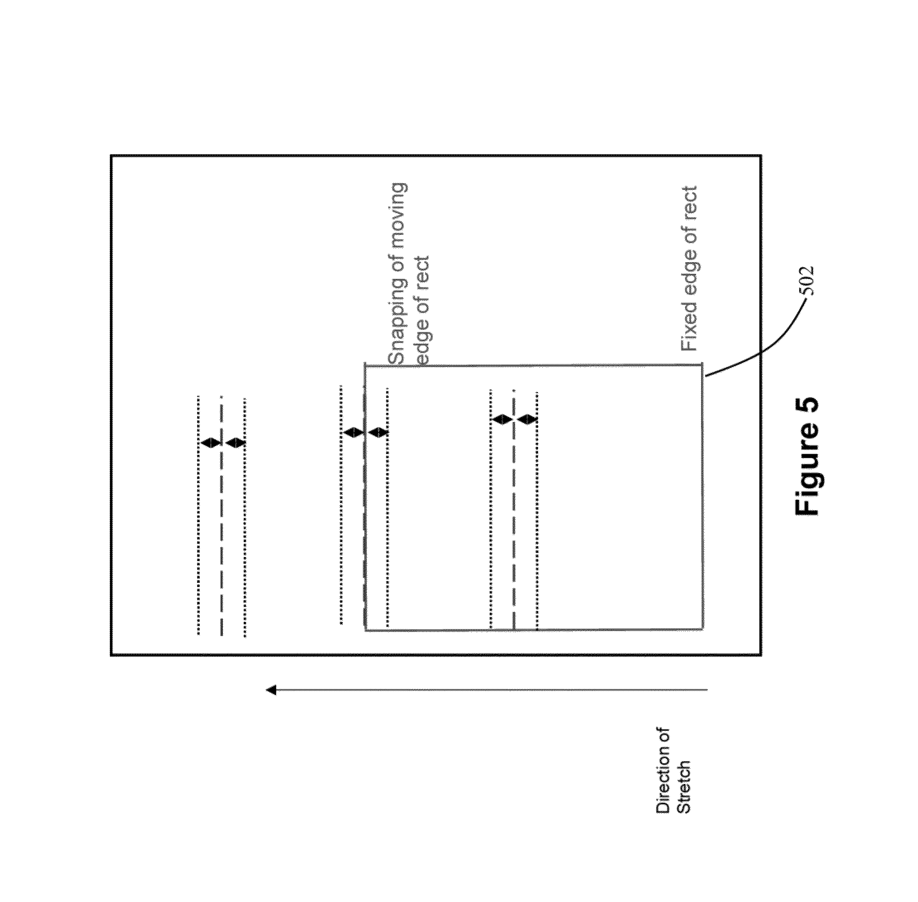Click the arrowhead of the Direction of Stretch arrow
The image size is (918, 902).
point(271,690)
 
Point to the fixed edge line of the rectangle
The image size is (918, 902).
point(702,497)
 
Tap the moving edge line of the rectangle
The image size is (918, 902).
point(365,497)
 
